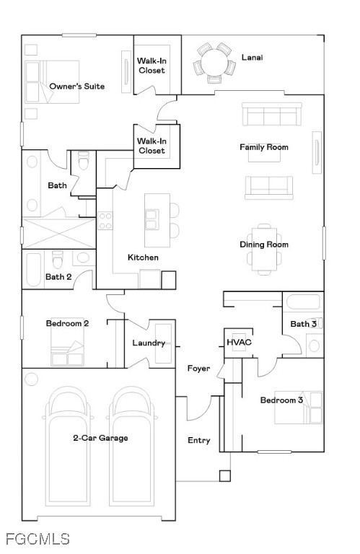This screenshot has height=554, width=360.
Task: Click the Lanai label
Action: click(252, 57)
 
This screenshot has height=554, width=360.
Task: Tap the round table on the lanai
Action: click(215, 62)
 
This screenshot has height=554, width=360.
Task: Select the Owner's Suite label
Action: click(76, 87)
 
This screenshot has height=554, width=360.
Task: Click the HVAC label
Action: click(239, 342)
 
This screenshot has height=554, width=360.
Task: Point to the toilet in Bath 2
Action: click(57, 260)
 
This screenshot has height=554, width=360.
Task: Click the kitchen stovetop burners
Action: click(105, 221)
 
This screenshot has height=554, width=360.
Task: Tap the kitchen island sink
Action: click(152, 219)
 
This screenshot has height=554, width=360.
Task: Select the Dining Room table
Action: click(264, 249)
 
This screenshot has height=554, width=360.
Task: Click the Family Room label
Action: click(264, 147)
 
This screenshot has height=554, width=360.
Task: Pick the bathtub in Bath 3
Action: click(303, 302)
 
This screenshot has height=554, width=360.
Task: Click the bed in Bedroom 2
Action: click(67, 342)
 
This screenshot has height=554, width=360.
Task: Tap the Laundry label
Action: click(149, 343)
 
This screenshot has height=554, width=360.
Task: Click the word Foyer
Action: click(198, 369)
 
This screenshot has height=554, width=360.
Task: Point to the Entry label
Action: click(199, 440)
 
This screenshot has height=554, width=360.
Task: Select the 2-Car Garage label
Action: click(101, 438)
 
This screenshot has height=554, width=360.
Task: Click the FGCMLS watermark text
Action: click(38, 539)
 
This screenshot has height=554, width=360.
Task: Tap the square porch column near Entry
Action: click(224, 476)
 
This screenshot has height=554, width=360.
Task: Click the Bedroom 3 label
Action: click(281, 400)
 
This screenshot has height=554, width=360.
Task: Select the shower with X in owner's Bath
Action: click(58, 233)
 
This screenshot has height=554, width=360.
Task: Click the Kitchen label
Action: click(143, 258)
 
